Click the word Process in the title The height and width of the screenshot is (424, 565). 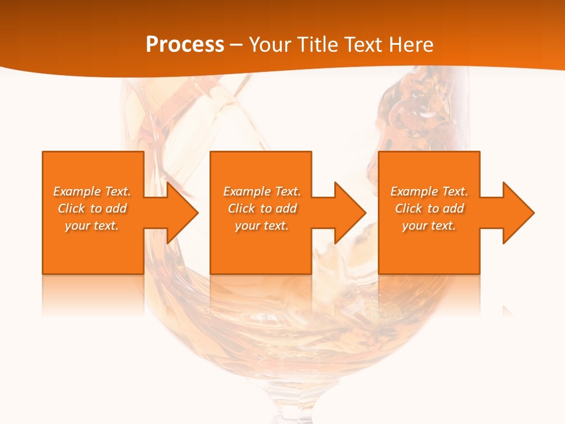pos(185,44)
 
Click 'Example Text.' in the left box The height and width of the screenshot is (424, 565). pos(92,191)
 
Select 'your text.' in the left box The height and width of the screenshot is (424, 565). pos(92,226)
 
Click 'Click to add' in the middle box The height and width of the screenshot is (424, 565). pos(262,208)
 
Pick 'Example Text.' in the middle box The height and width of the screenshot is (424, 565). pos(262,191)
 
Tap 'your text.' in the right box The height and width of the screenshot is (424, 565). pos(429,226)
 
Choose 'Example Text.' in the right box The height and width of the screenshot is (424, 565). pos(429,191)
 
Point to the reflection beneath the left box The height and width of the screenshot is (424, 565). pos(92,294)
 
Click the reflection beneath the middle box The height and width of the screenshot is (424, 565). pos(261,294)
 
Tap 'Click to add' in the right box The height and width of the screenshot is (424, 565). pos(429,208)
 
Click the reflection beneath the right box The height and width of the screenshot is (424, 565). pos(429,294)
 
